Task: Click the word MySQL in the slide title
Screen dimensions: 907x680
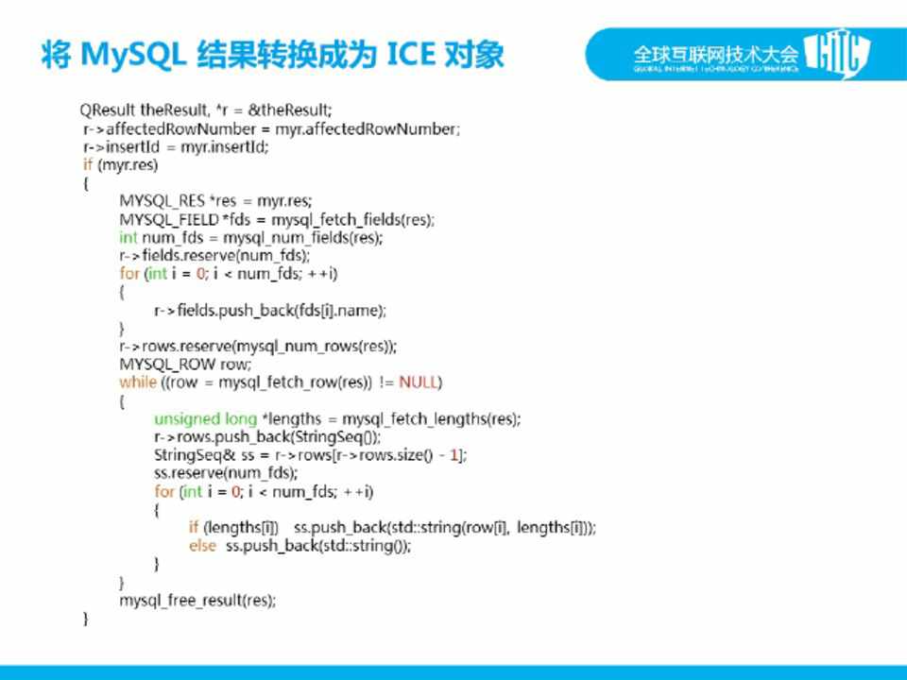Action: point(133,56)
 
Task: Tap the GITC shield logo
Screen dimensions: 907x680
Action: point(838,54)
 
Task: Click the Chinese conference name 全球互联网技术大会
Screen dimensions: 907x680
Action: point(715,55)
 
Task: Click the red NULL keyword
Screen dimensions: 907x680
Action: point(418,382)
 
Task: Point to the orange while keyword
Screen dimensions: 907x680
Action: point(138,382)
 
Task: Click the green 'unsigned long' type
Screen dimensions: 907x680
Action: point(205,418)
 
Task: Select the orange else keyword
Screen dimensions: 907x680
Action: point(202,546)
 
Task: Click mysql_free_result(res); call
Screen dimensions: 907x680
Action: point(197,601)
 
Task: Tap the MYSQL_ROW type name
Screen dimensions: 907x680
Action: point(167,365)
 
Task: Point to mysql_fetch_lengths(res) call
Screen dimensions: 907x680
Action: point(431,418)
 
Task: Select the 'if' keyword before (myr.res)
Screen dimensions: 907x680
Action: point(88,164)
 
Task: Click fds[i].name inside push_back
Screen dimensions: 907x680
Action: point(337,311)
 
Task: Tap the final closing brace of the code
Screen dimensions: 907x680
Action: point(86,619)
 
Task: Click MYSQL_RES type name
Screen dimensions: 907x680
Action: point(162,201)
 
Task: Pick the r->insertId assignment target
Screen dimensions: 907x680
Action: point(121,147)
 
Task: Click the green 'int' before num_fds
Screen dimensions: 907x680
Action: point(128,238)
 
